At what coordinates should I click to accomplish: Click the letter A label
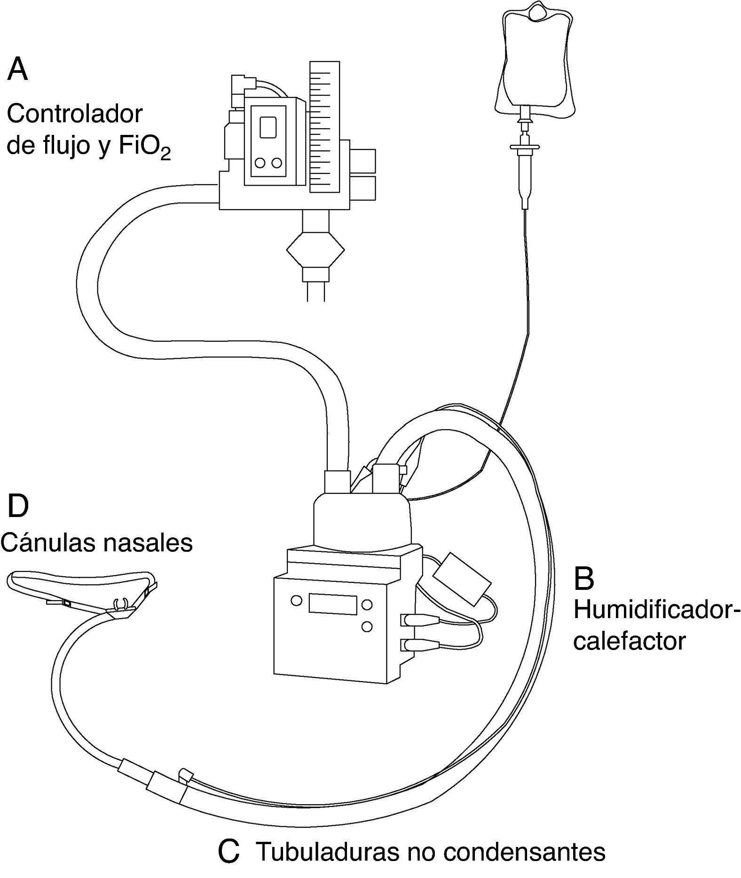18,70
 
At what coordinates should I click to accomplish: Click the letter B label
584,579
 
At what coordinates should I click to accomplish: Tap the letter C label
229,851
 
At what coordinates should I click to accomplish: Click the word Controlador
75,114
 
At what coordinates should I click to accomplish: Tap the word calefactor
629,641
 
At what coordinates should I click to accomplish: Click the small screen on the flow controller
268,127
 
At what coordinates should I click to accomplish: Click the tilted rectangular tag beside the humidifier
462,577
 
